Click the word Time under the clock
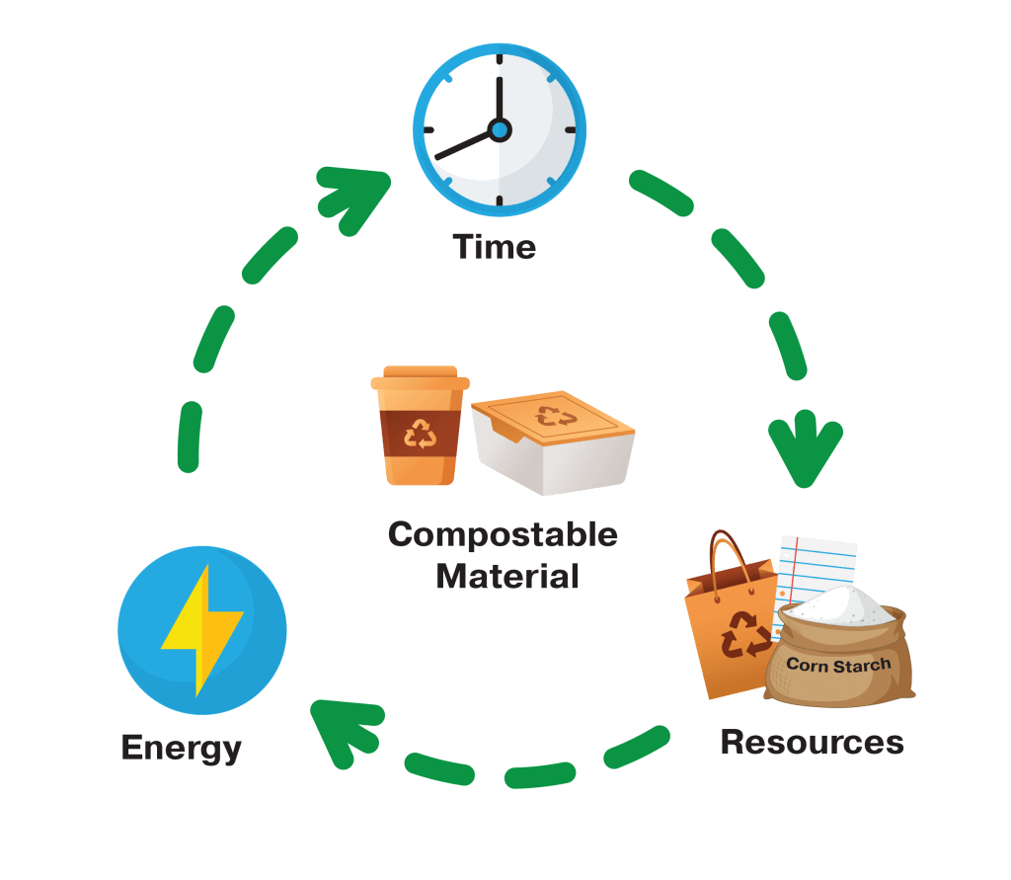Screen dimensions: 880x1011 [x=495, y=246]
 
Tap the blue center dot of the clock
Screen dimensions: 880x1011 [x=500, y=129]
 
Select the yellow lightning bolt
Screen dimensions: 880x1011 [x=202, y=629]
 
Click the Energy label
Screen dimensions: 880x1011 [x=182, y=748]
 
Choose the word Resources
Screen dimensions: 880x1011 [x=812, y=741]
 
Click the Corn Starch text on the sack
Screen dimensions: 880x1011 [x=838, y=664]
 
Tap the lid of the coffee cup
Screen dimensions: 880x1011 [x=421, y=378]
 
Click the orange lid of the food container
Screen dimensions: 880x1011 [x=553, y=419]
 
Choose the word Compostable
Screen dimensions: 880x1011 [x=503, y=535]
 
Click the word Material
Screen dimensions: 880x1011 [x=506, y=575]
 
